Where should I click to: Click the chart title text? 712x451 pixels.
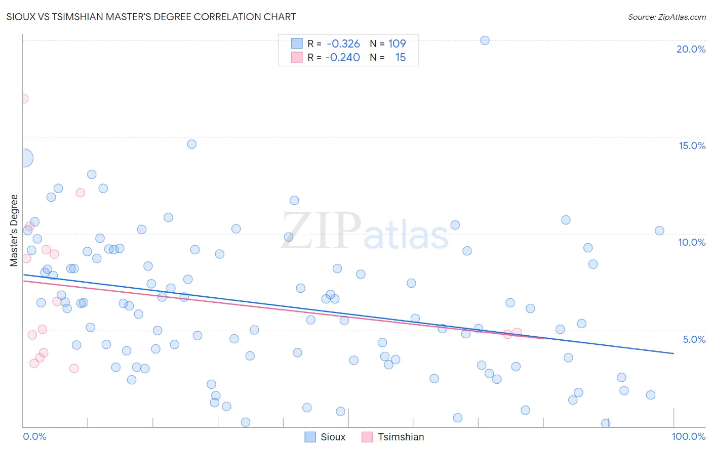click(151, 17)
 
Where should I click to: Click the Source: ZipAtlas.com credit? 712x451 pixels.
click(666, 17)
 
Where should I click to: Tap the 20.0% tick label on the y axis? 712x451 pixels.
click(691, 49)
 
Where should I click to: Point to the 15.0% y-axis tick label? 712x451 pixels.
click(692, 146)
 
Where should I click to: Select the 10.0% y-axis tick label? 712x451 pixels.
click(692, 242)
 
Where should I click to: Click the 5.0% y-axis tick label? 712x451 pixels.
click(694, 339)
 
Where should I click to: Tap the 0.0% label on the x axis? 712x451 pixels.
click(34, 436)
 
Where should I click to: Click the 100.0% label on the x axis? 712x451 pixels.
click(688, 436)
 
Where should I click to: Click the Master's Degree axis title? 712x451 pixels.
click(14, 230)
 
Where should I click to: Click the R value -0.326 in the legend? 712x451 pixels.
click(343, 43)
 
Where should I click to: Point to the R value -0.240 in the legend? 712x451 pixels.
click(342, 57)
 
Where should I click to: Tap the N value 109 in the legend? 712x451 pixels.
click(397, 43)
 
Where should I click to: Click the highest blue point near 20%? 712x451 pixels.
click(485, 40)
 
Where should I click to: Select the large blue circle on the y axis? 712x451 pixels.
click(23, 158)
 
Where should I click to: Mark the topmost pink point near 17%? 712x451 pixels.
click(23, 99)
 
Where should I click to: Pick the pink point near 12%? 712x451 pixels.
click(80, 193)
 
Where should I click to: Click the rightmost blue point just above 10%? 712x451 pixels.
click(659, 231)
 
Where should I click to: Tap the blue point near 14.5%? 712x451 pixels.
click(191, 144)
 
